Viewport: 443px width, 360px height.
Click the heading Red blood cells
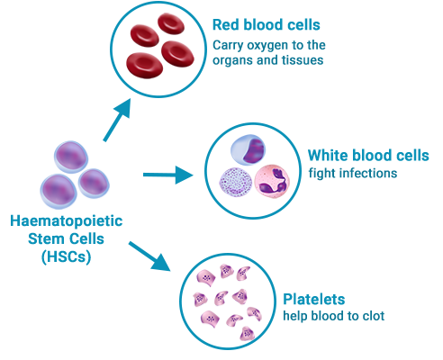[x=267, y=25]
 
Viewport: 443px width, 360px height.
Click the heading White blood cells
[x=368, y=156]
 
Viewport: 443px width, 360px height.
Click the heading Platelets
[x=314, y=299]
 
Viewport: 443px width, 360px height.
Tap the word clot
[x=374, y=316]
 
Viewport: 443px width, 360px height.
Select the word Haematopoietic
[x=67, y=221]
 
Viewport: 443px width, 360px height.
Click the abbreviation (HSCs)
[x=66, y=257]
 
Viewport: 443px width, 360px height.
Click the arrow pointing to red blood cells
[x=117, y=120]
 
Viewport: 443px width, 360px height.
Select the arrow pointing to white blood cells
[x=168, y=175]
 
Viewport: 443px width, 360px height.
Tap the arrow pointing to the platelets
[x=149, y=256]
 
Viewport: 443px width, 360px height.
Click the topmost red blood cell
[x=171, y=23]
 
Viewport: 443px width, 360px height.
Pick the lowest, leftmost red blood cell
[x=145, y=66]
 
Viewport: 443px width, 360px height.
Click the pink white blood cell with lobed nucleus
[x=272, y=181]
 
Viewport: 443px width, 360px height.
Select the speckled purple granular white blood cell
[x=236, y=182]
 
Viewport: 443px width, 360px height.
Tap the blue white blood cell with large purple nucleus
[x=249, y=149]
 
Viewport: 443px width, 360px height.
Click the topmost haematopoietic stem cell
[x=71, y=157]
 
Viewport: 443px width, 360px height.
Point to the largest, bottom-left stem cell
[x=59, y=191]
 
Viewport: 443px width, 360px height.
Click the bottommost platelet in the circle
[x=248, y=333]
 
